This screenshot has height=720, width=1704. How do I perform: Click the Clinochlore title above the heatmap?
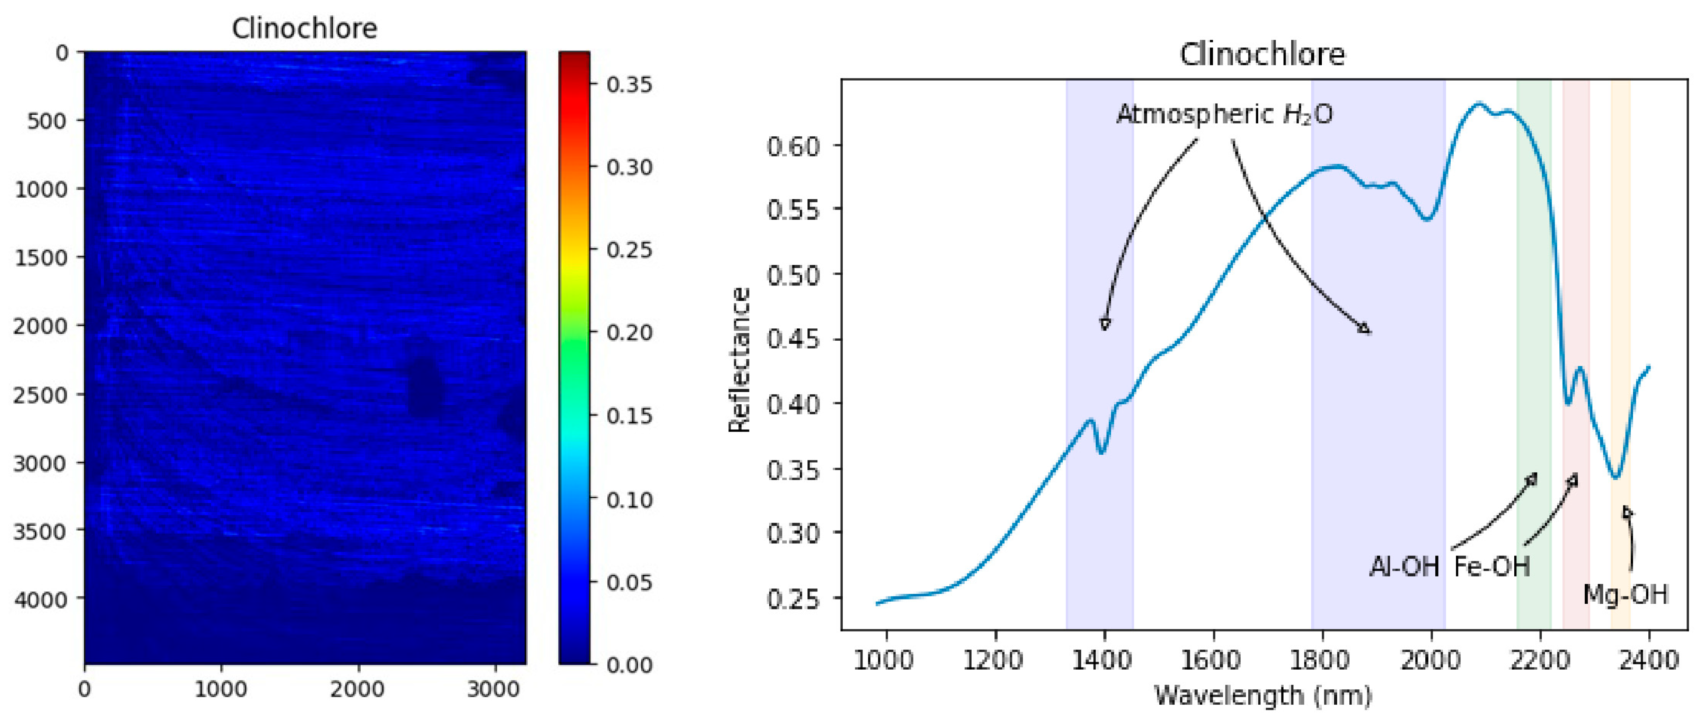coord(304,29)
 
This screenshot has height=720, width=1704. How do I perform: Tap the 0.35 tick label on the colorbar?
coord(629,85)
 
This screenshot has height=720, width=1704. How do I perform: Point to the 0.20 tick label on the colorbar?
coord(629,332)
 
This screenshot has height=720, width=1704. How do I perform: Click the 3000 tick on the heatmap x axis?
coord(493,690)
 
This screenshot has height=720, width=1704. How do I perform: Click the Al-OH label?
coord(1404,567)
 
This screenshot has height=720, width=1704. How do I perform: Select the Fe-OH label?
coord(1492,567)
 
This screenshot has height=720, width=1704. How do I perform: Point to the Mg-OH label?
coord(1625,594)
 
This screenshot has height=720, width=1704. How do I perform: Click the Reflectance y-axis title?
coord(739,361)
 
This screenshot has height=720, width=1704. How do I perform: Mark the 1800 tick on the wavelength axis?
coord(1322,660)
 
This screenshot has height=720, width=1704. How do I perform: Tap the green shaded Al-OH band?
coord(1534,331)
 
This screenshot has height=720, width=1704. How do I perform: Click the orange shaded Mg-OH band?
coord(1620,331)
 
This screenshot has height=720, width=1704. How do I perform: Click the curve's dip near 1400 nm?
coord(1101,453)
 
